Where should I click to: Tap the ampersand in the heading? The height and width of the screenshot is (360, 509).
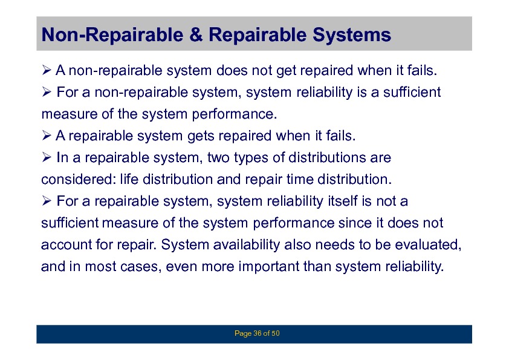point(196,34)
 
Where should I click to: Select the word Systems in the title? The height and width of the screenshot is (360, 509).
point(352,35)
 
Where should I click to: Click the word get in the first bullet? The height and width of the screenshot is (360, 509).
point(286,71)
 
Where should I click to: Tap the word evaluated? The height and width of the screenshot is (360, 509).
point(428,244)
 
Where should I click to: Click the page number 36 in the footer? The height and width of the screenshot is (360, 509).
point(257,333)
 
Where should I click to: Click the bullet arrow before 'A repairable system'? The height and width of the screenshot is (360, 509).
point(47,136)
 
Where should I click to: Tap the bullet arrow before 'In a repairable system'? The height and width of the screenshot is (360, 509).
point(47,157)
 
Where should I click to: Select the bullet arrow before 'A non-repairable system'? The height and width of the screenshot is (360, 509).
point(47,70)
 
